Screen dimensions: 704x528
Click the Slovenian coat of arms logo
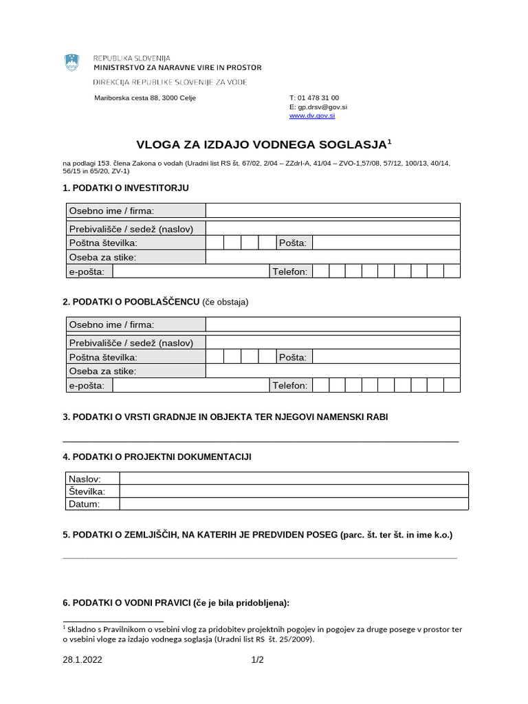tap(72, 63)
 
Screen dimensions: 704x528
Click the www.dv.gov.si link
tap(312, 116)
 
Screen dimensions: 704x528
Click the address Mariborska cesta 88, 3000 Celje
tap(145, 98)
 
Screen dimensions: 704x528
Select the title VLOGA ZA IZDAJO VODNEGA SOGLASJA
tap(261, 144)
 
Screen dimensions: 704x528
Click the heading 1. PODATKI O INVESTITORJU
tap(125, 188)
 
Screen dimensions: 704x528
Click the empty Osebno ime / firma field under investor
tap(333, 210)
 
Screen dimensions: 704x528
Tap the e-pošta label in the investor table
tap(87, 272)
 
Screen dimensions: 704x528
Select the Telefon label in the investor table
tap(290, 272)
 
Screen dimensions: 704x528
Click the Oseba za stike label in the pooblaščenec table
tap(102, 371)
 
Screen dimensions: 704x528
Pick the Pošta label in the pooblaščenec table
tap(293, 357)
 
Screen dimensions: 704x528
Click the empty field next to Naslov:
tap(294, 478)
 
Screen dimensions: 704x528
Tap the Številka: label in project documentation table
tap(87, 492)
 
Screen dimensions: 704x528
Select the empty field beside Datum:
tap(294, 504)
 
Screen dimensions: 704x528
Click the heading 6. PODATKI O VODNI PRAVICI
tap(176, 603)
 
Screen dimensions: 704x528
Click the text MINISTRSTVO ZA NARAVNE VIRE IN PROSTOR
tap(177, 67)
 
